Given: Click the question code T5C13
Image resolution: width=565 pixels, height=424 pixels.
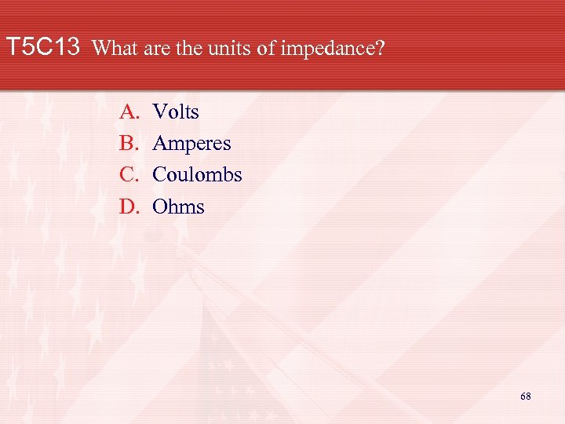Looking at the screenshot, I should [x=43, y=48].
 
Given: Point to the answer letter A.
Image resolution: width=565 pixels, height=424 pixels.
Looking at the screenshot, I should [x=128, y=112].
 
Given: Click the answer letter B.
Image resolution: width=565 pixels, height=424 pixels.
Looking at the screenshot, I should [x=128, y=144].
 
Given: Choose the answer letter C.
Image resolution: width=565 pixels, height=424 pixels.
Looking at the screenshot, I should [x=128, y=175].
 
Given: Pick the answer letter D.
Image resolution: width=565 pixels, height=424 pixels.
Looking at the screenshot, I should [x=128, y=207].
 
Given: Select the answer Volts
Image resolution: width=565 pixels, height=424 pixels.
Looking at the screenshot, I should [x=176, y=112].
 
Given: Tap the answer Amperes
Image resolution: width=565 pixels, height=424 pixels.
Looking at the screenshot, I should [x=191, y=144].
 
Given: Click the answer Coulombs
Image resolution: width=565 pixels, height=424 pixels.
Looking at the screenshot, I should [x=197, y=175].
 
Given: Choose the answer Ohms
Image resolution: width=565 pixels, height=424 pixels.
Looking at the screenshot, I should [x=178, y=207].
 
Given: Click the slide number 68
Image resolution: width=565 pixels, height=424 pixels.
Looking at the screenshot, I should [x=525, y=397].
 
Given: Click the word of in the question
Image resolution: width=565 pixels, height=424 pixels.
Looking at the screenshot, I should [x=265, y=49].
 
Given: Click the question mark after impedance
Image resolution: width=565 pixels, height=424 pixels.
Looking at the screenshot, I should [x=381, y=49].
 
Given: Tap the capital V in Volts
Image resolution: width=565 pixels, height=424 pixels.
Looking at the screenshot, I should [x=159, y=112].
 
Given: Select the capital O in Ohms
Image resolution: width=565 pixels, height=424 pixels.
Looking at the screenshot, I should [x=159, y=207].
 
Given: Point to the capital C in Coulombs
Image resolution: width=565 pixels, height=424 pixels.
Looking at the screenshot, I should [x=159, y=175].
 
